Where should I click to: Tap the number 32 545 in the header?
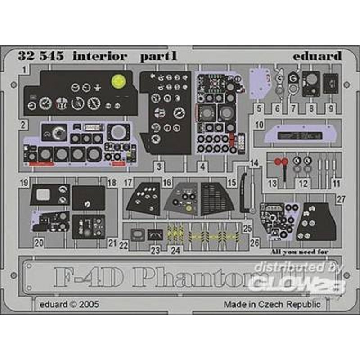(40, 57)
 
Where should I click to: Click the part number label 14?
(255, 163)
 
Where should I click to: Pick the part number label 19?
(25, 183)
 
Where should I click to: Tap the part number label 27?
(341, 199)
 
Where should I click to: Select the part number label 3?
(159, 167)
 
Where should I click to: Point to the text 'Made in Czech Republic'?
(272, 305)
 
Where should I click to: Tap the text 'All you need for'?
(300, 252)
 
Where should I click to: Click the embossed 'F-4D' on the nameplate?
(85, 279)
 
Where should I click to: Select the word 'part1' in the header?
(152, 57)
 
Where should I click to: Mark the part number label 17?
(129, 183)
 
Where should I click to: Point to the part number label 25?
(247, 229)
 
